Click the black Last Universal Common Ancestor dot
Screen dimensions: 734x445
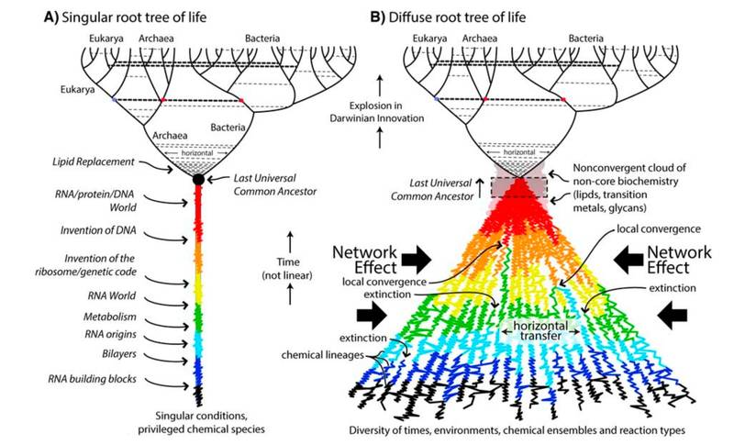[198, 179]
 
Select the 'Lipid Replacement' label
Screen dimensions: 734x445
[94, 161]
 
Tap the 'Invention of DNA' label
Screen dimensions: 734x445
[98, 230]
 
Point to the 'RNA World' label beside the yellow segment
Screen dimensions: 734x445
[111, 295]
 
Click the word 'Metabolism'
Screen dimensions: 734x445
[110, 317]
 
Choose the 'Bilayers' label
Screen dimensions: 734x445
[119, 354]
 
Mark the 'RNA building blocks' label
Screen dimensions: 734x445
[93, 379]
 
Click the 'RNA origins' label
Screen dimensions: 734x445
[110, 334]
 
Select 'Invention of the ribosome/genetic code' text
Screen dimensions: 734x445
[85, 265]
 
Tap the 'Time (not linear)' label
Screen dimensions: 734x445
[287, 269]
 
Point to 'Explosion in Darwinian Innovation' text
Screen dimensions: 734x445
[377, 112]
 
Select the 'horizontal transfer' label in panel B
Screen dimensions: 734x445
[540, 330]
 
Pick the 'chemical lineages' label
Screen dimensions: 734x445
[323, 355]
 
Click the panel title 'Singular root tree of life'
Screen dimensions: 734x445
[134, 17]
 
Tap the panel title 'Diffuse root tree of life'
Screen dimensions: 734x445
[457, 17]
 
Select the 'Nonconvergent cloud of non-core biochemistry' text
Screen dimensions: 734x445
[626, 174]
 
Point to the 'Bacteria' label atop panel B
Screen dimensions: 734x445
[585, 39]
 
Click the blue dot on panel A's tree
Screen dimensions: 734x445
[114, 100]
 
